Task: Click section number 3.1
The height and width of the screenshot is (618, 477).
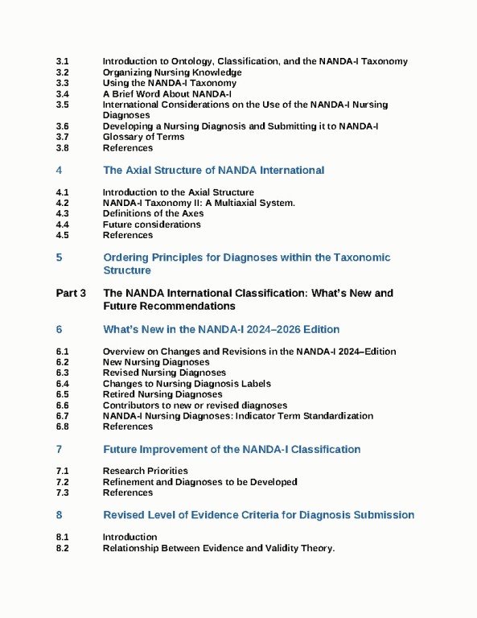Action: point(63,61)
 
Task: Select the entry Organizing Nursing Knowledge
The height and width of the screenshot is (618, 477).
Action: point(172,72)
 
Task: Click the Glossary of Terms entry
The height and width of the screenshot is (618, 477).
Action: point(143,137)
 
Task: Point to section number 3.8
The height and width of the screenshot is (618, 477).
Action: point(63,148)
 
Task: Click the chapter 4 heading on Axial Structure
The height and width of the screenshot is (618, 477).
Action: point(213,171)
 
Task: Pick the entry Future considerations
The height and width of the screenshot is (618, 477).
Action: point(151,225)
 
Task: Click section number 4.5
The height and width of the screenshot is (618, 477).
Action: point(63,236)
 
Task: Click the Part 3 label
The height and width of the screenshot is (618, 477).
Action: point(72,294)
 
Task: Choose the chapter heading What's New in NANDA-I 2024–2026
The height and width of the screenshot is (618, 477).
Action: point(221,330)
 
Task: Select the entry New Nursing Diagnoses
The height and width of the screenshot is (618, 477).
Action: point(156,362)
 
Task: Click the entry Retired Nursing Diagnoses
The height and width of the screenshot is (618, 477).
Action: point(162,394)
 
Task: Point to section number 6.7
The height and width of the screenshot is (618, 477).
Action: point(63,416)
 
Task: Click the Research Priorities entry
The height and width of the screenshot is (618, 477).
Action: point(145,471)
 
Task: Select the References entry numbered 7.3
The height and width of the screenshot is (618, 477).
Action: point(127,492)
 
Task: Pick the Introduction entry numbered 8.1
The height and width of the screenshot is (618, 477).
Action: point(130,537)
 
